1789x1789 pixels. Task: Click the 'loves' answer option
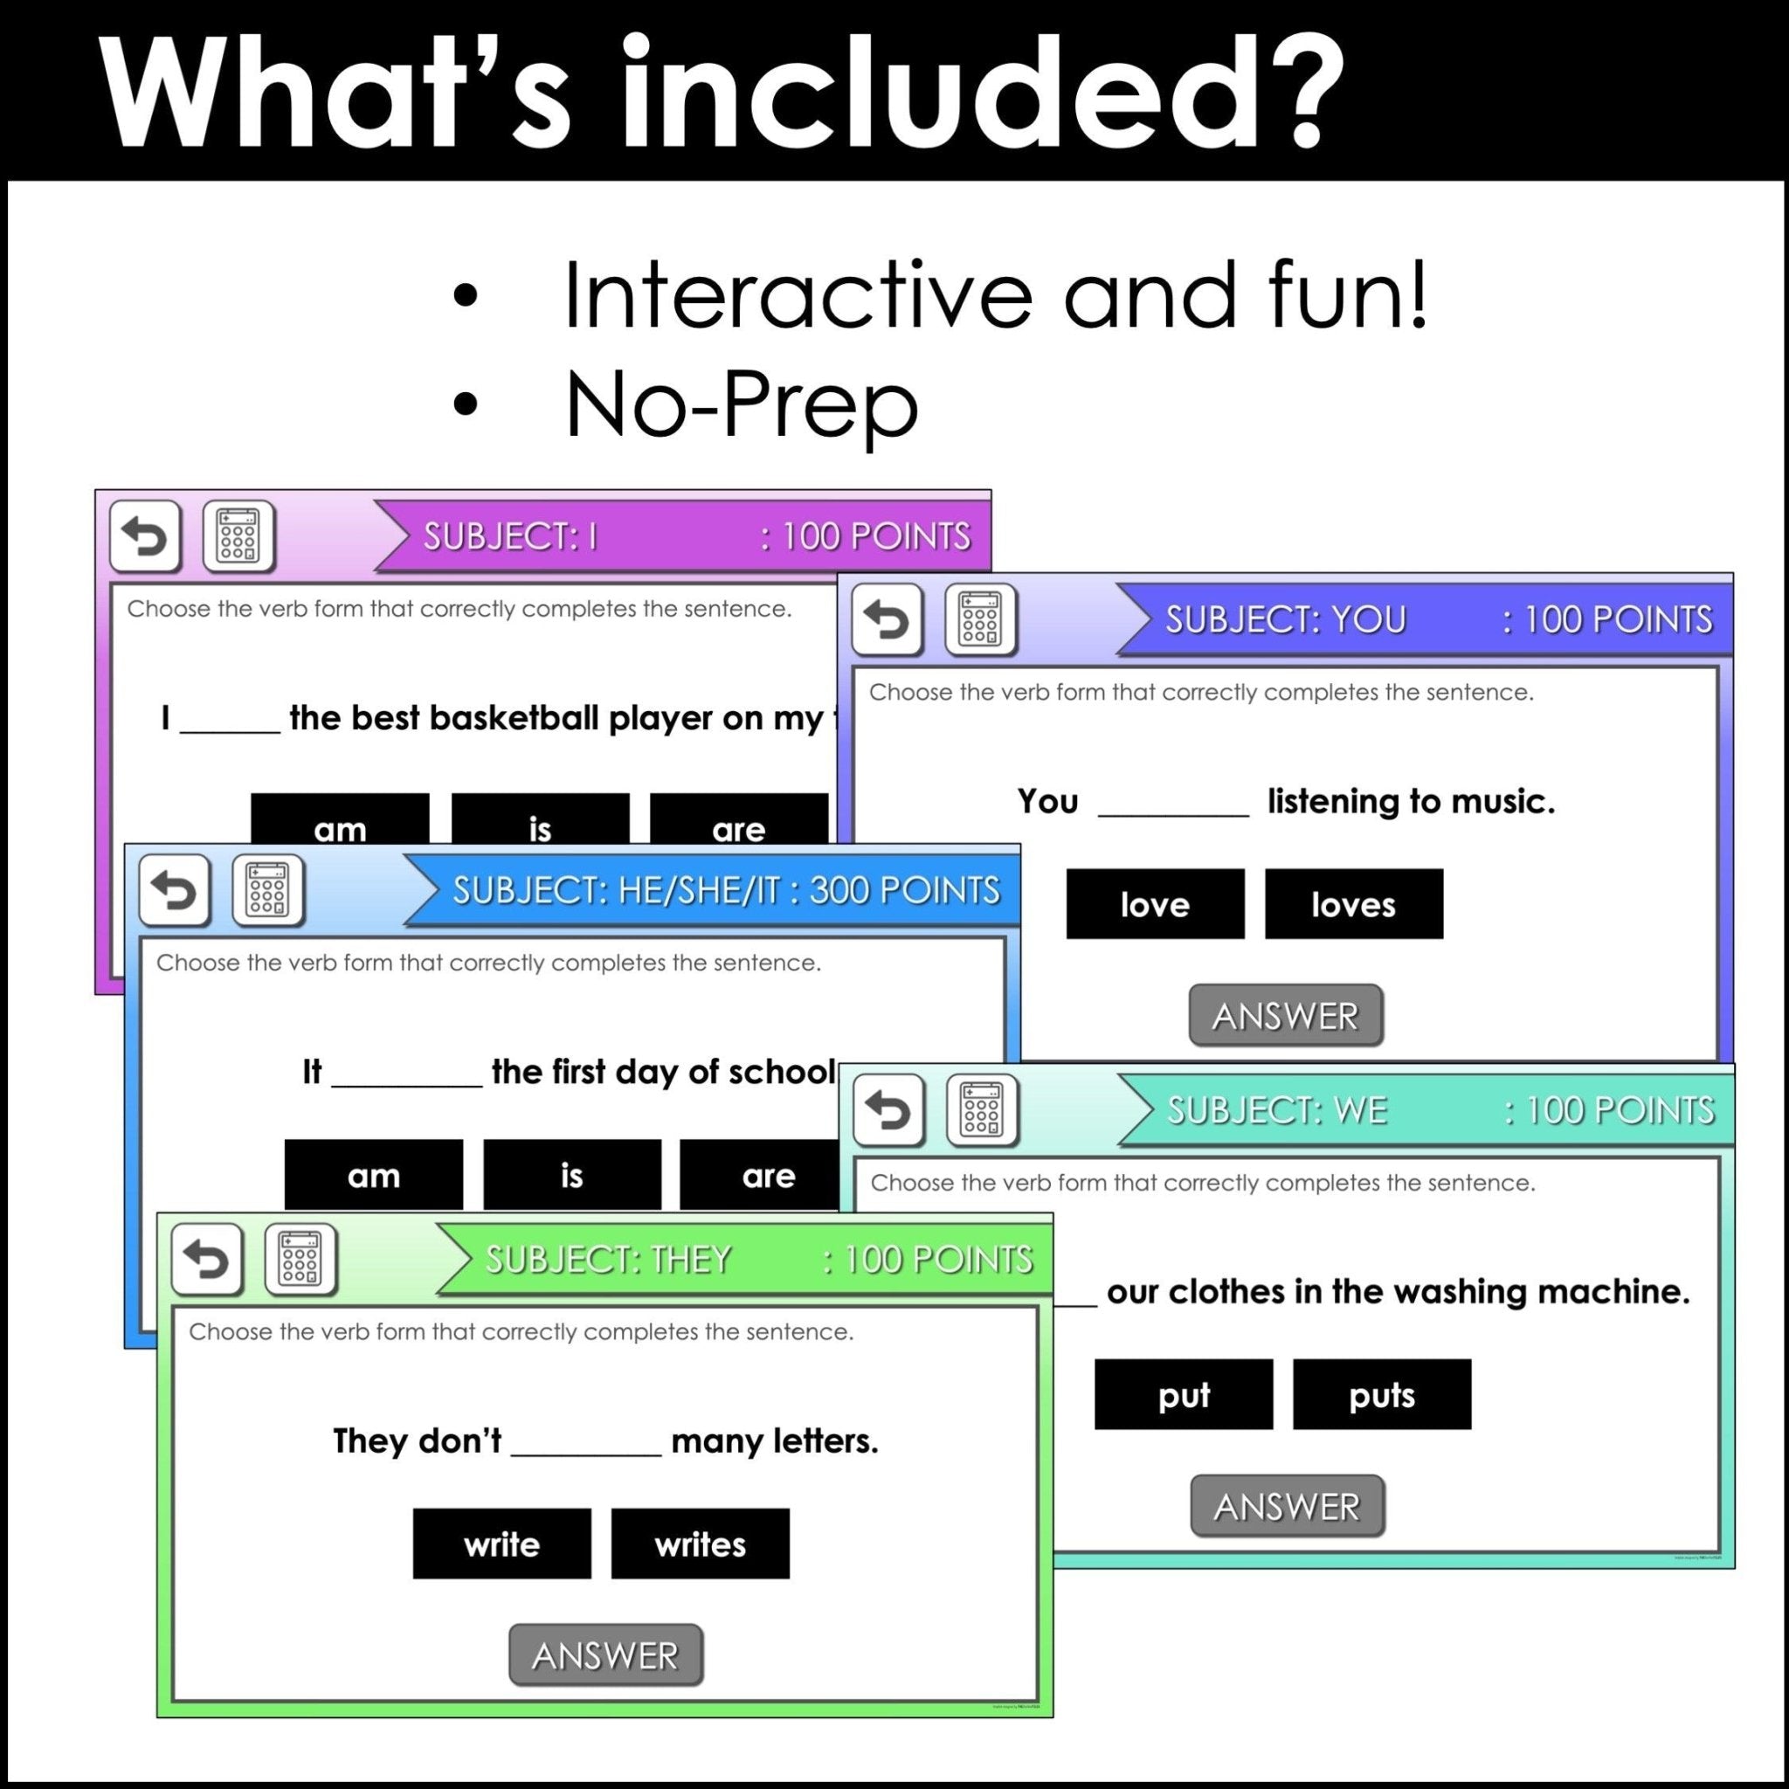(x=1353, y=904)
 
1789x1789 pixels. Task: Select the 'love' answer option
(x=1155, y=904)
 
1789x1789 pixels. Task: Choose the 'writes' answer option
(x=700, y=1544)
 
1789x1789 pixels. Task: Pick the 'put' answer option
(x=1184, y=1394)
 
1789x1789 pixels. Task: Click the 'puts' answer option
(x=1382, y=1394)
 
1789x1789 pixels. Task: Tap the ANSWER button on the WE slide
(x=1286, y=1507)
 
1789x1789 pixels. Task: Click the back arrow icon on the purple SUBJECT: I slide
(x=144, y=537)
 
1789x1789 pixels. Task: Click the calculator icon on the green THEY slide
(x=300, y=1260)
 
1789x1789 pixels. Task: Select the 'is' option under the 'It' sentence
(x=571, y=1175)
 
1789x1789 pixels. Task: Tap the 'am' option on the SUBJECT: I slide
(x=340, y=823)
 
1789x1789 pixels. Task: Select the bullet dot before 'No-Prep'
(x=466, y=404)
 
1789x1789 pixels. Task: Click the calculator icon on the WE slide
(x=982, y=1110)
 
